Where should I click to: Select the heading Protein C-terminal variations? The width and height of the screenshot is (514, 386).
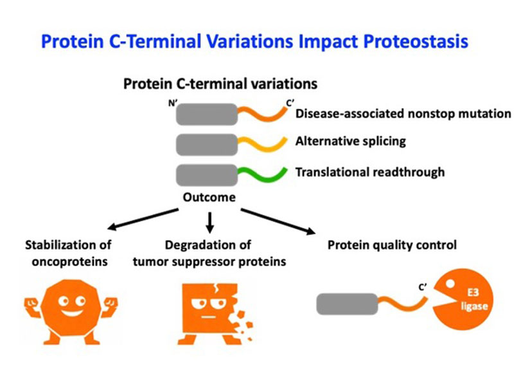pyautogui.click(x=220, y=84)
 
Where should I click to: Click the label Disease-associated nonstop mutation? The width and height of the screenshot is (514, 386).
pyautogui.click(x=403, y=114)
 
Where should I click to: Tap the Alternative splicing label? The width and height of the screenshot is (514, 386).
pyautogui.click(x=350, y=142)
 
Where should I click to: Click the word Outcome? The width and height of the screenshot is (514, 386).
pyautogui.click(x=209, y=198)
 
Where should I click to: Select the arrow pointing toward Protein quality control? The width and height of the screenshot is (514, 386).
pyautogui.click(x=276, y=221)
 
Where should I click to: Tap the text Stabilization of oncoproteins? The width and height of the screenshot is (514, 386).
pyautogui.click(x=67, y=253)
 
